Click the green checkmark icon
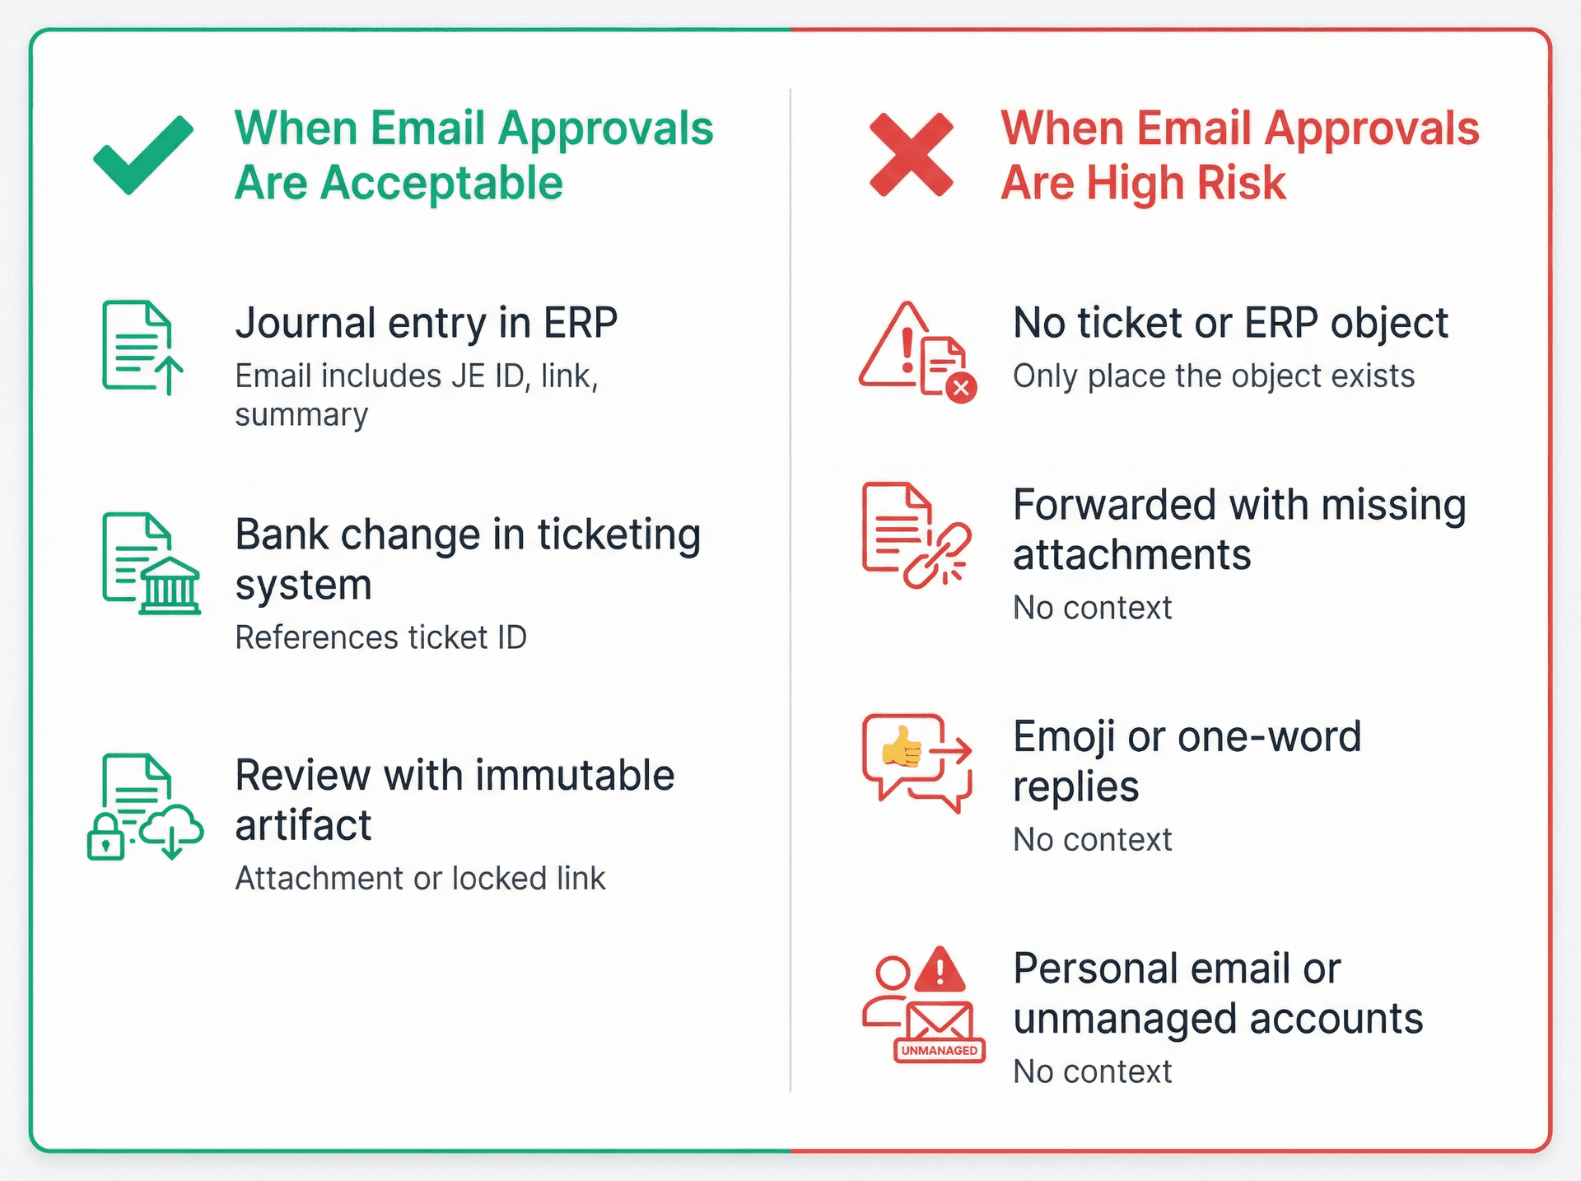143,155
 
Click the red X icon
911,155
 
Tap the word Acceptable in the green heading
441,183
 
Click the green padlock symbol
105,838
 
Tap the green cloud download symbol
171,832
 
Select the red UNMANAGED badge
939,1050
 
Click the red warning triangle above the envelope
940,969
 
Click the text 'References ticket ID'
380,637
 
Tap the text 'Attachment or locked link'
420,879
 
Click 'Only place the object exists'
1213,376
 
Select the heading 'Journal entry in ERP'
426,323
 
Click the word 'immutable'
574,775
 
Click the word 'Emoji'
1064,736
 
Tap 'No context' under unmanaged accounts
1092,1071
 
